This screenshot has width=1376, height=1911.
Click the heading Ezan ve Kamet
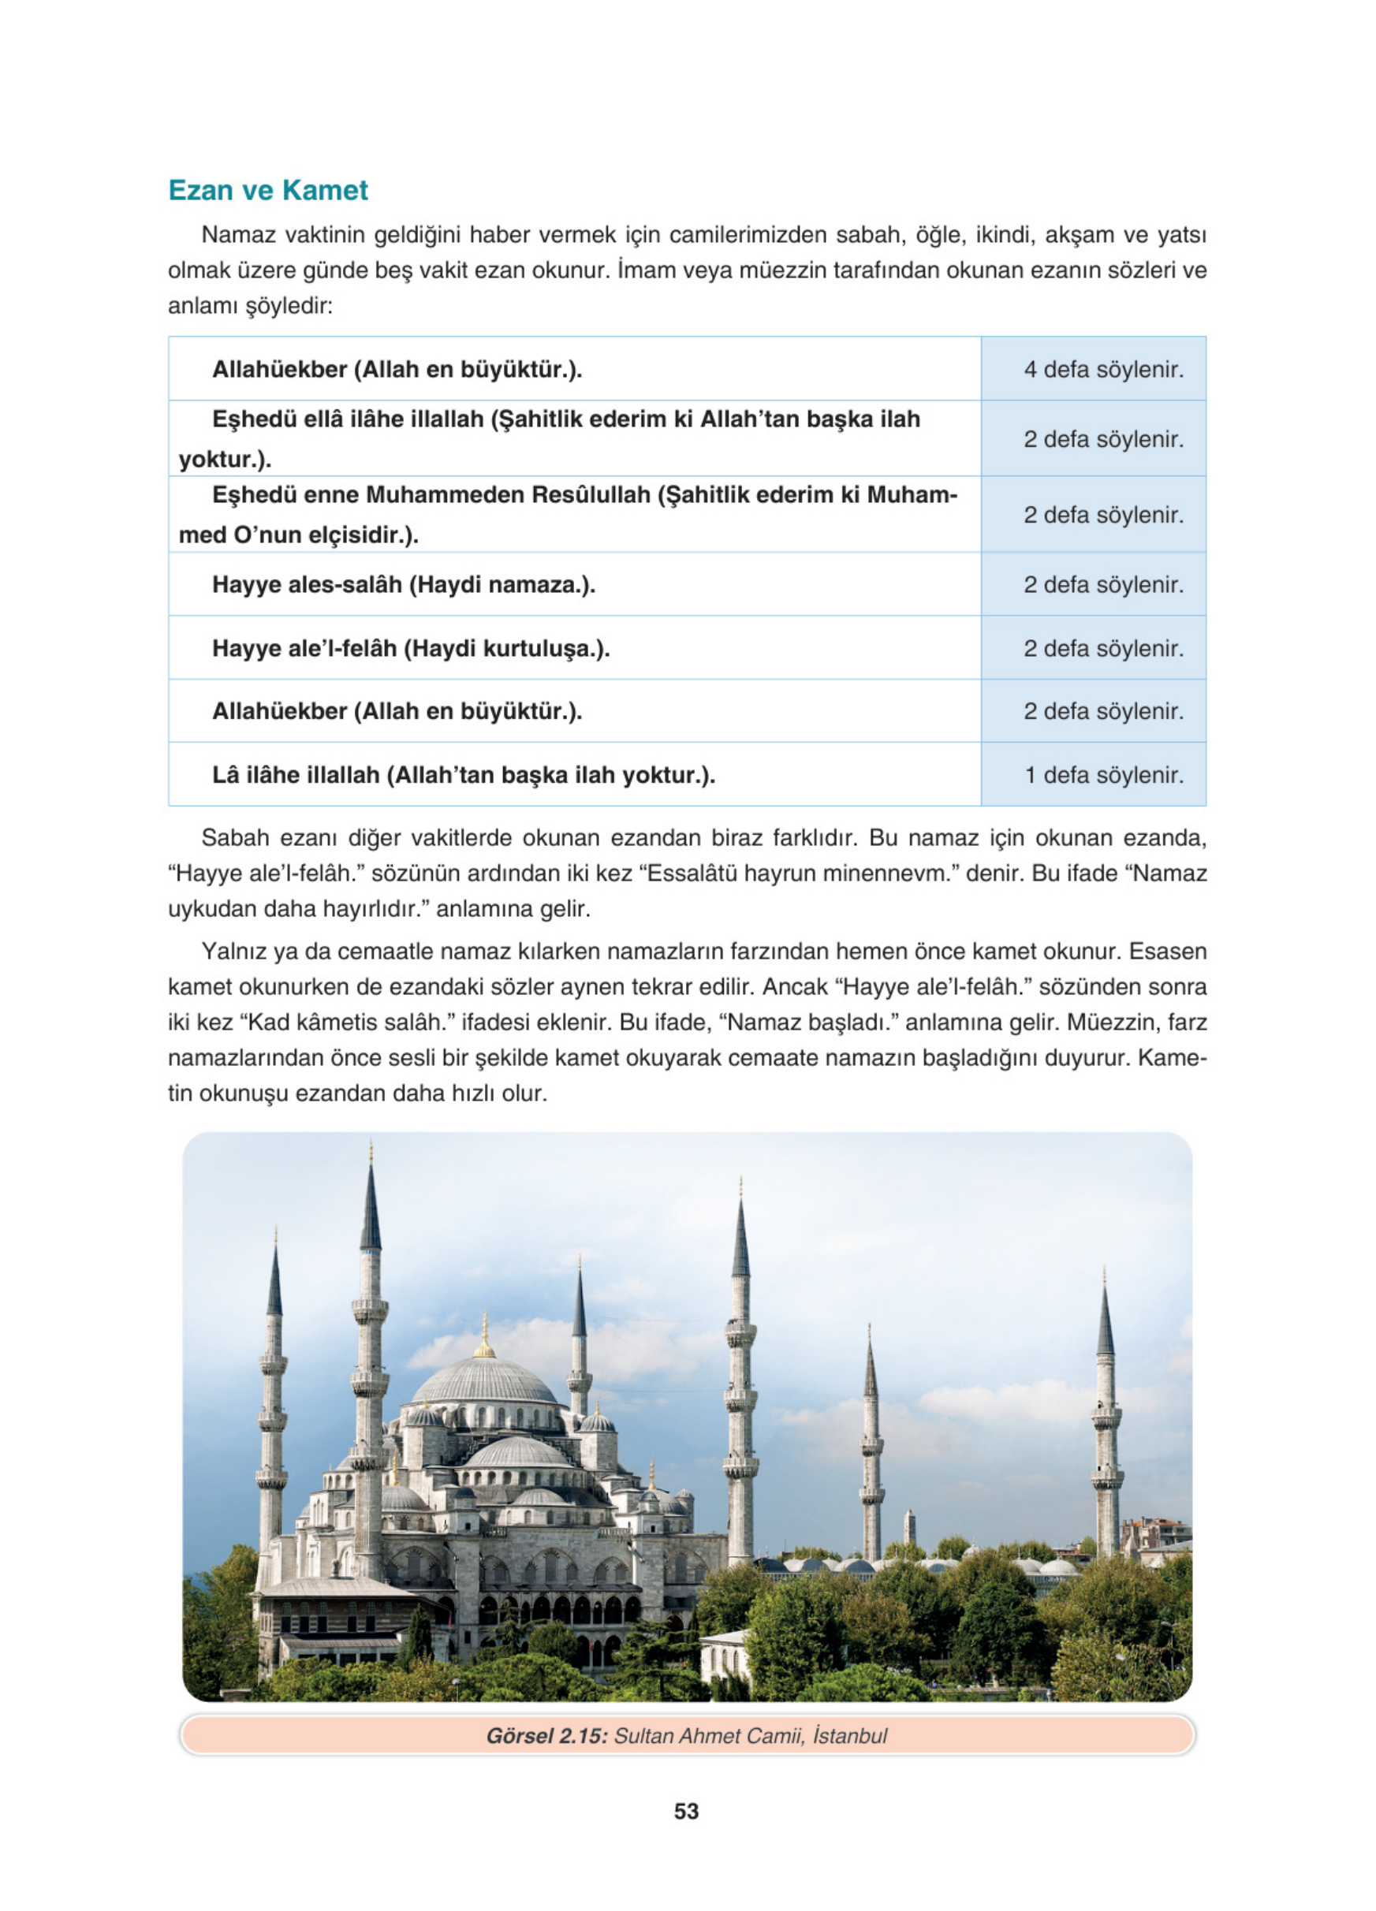268,191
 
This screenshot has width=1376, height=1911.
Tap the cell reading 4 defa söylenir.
1103,370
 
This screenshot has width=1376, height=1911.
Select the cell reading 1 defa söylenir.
1103,775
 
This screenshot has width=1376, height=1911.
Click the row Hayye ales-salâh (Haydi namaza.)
404,585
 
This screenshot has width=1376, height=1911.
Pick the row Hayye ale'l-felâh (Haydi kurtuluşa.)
410,649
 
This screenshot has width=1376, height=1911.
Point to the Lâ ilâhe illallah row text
464,775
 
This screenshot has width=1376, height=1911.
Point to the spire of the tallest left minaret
371,1205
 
